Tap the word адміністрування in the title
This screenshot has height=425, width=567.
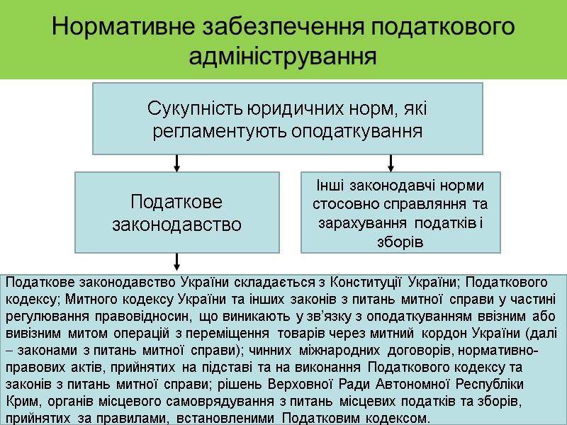(283, 56)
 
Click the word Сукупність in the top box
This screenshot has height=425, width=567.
(194, 110)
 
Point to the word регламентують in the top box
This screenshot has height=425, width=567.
(217, 132)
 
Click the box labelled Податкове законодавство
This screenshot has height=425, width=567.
(177, 212)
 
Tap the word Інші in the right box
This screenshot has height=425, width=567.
(327, 186)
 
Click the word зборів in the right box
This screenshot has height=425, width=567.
(401, 242)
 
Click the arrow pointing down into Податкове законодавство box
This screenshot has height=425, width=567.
(177, 163)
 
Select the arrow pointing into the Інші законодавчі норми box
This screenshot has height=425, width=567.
(400, 163)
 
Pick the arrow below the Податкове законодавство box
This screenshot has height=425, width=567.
(177, 262)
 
